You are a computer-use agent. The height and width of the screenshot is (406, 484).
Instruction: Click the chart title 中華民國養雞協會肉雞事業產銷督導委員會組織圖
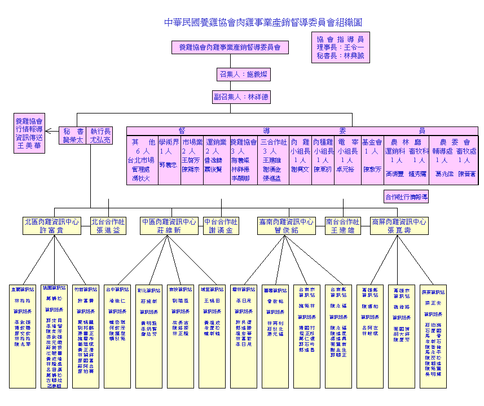(263, 23)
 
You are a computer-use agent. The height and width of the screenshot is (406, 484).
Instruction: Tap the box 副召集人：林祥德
(241, 97)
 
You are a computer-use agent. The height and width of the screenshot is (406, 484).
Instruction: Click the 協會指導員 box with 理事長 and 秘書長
(341, 48)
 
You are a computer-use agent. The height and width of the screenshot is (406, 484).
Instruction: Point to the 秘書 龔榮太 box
(73, 136)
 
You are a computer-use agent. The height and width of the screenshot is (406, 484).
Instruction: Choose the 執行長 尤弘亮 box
(101, 136)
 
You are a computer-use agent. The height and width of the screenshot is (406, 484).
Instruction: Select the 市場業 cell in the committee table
(192, 160)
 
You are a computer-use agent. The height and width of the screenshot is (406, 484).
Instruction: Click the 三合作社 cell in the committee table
(274, 160)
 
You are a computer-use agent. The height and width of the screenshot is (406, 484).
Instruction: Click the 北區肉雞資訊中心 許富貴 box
(51, 226)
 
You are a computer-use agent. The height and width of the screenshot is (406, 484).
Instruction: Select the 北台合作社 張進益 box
(109, 226)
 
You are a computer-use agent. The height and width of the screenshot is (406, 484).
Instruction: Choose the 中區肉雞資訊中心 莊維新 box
(170, 226)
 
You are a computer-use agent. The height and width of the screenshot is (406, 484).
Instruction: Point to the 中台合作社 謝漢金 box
(221, 226)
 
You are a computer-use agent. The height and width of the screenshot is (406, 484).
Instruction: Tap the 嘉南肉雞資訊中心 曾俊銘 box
(285, 226)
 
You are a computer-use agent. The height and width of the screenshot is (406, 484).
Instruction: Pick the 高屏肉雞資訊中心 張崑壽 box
(399, 226)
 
